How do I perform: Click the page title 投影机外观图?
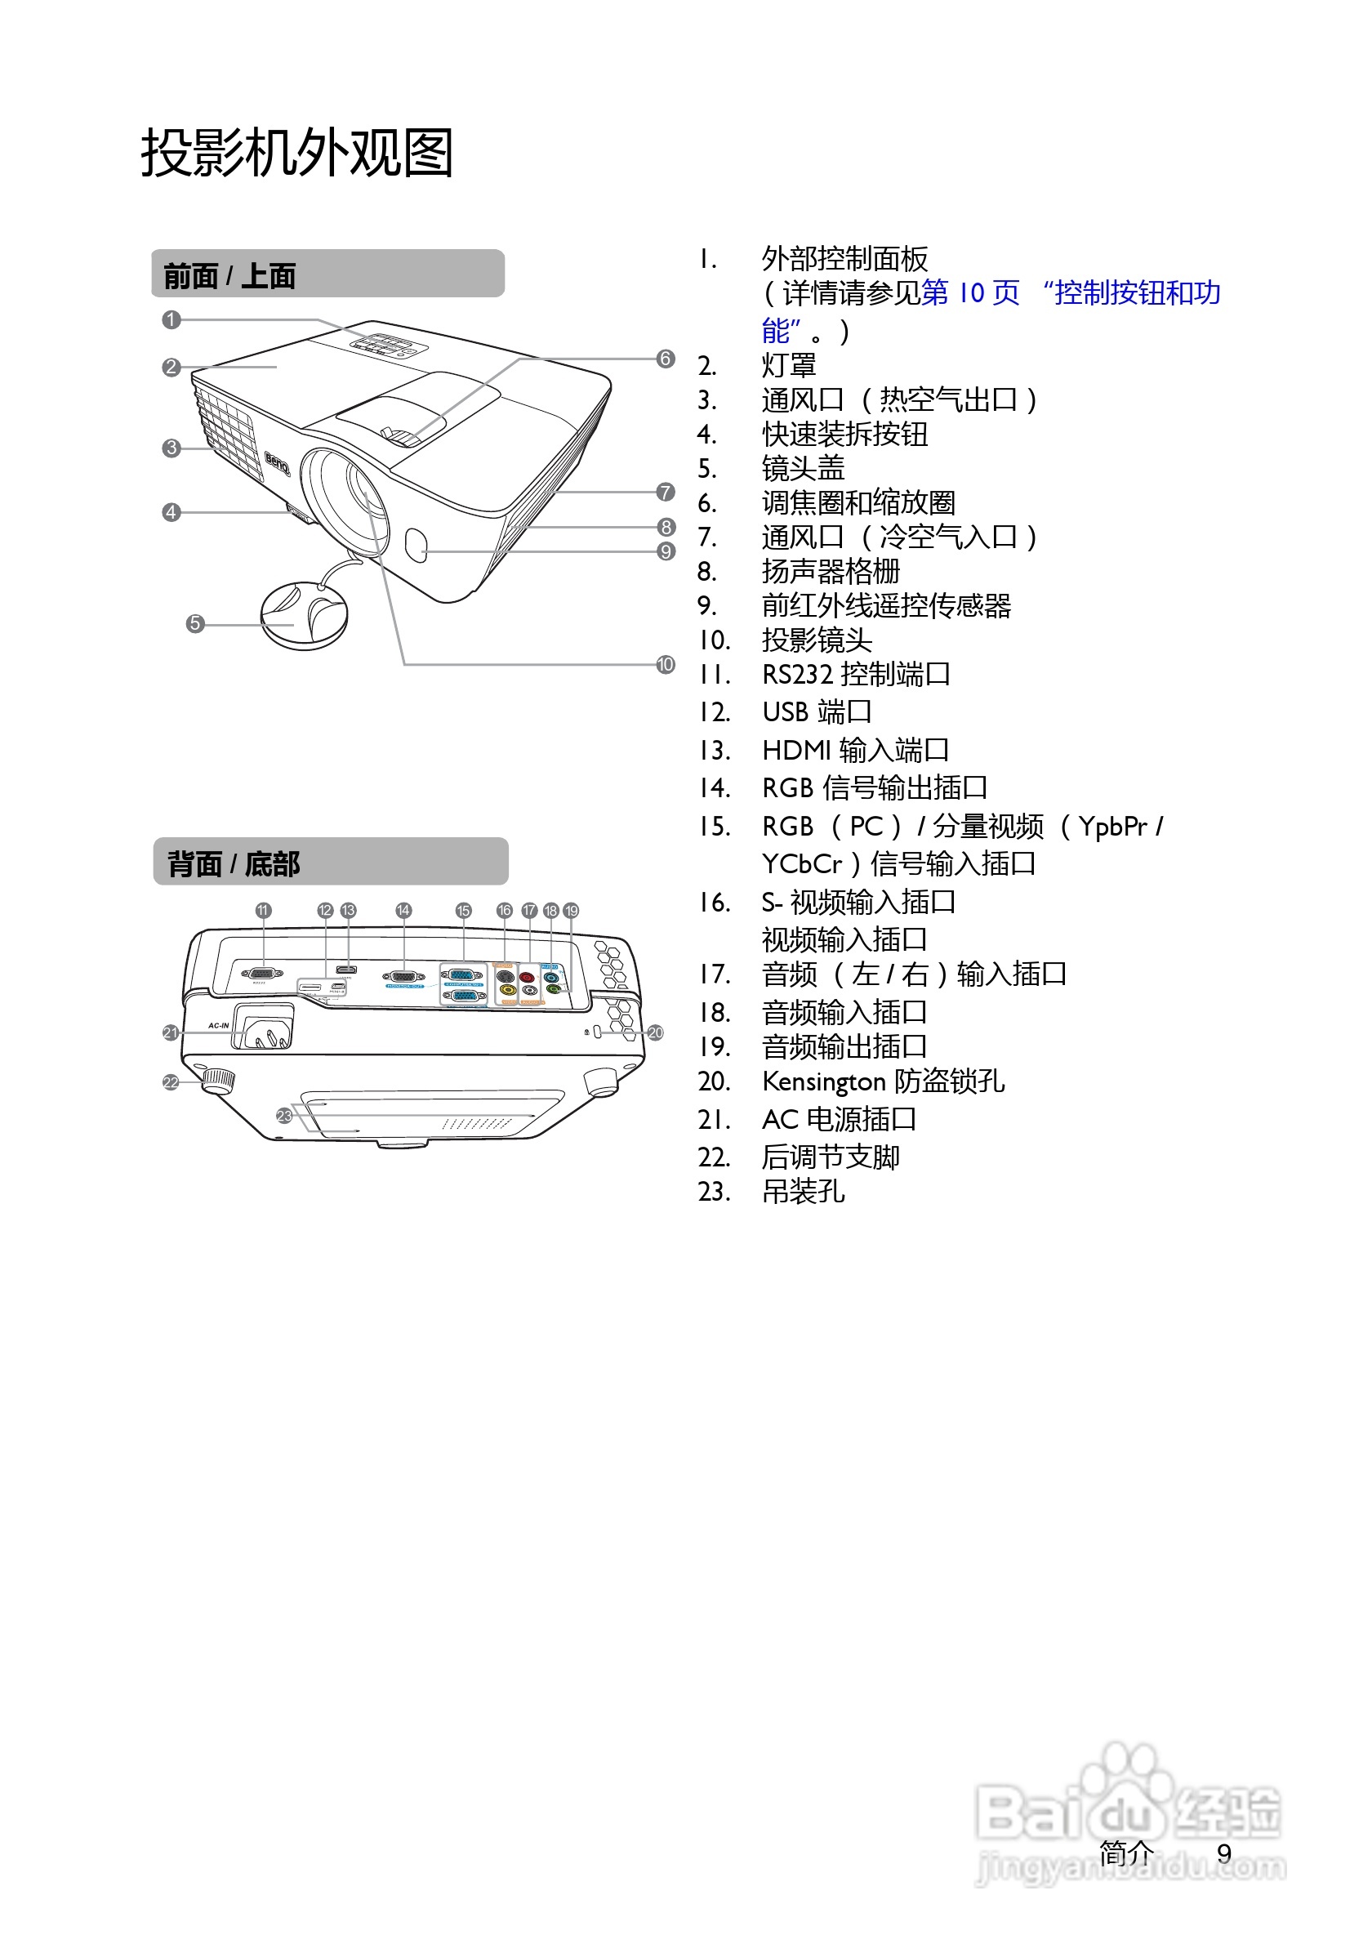[296, 154]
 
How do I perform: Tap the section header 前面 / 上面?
[229, 275]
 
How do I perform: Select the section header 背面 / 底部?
[233, 863]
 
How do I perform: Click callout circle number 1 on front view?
[171, 319]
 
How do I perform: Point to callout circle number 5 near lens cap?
[194, 624]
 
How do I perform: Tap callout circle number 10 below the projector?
[666, 665]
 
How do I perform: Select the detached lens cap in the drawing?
[302, 616]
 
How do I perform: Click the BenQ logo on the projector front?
[278, 463]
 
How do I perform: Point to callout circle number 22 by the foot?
[171, 1083]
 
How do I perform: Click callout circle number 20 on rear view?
[655, 1033]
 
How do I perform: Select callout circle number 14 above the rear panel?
[403, 910]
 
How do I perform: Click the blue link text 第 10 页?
[970, 293]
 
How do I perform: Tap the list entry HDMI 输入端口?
[855, 750]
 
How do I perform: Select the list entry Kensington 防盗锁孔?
[883, 1081]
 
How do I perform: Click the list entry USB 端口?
[816, 712]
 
